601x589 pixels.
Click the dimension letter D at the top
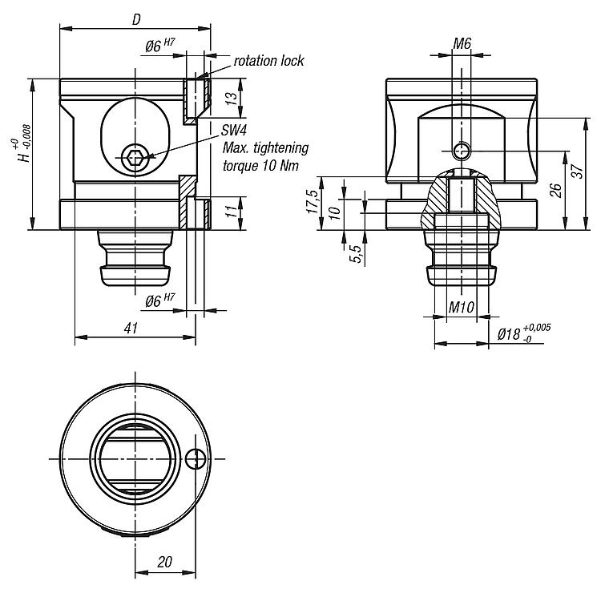[x=136, y=19]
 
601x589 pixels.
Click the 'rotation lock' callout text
[x=268, y=61]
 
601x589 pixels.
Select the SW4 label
[x=234, y=131]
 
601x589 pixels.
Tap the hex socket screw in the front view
[x=133, y=156]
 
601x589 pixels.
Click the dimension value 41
[x=131, y=328]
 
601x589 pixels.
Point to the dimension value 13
[x=231, y=99]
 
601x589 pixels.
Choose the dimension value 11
[x=231, y=211]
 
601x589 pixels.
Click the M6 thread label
[x=462, y=44]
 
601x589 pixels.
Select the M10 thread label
[x=461, y=307]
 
